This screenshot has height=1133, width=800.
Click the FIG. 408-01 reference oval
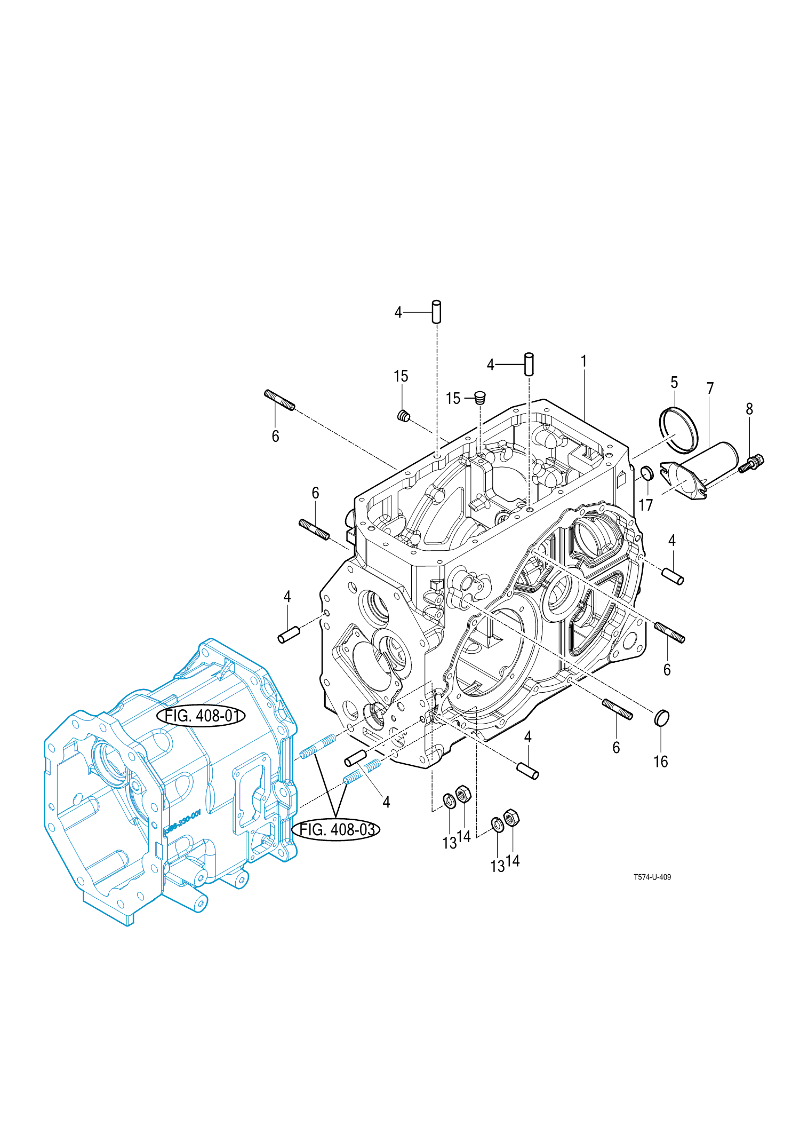point(201,716)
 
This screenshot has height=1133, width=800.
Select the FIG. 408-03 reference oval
point(336,829)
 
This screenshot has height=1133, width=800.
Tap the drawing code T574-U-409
point(652,877)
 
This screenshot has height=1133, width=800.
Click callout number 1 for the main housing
point(584,362)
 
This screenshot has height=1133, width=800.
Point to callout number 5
point(674,383)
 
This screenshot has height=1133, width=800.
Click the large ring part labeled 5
point(678,429)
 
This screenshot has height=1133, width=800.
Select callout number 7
point(710,389)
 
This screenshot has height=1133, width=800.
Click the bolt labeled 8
point(753,463)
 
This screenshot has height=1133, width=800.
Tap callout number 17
point(645,505)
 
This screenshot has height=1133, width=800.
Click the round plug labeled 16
point(661,718)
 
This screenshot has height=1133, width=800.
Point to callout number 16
point(661,762)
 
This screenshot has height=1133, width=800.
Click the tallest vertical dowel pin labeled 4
point(436,312)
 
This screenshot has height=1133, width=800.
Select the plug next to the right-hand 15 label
point(481,397)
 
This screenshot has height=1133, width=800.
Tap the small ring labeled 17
point(646,472)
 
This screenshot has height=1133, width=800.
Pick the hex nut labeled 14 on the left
point(463,794)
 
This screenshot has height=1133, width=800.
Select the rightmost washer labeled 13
point(497,824)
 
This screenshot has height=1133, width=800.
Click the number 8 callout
point(749,409)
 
